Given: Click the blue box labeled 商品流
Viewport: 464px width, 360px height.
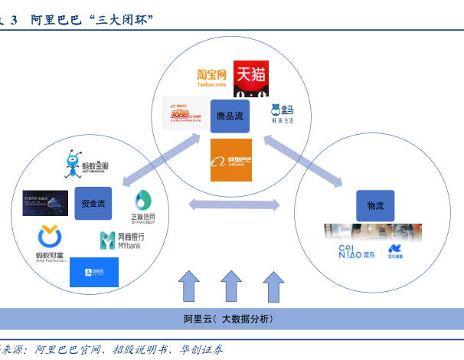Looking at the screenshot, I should point(230,116).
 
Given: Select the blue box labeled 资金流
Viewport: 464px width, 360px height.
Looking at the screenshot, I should point(93,204).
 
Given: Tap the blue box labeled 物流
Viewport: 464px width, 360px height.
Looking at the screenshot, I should point(375,206).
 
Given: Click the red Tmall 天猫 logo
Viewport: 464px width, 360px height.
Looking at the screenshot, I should point(251,79).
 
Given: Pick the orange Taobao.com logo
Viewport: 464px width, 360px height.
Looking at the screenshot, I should point(212,77).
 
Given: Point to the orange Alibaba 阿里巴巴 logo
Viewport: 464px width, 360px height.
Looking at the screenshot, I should point(231,159).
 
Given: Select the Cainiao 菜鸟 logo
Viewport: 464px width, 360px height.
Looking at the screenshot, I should point(357,250).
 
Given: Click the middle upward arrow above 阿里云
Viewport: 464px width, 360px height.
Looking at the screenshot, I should point(231,286).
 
